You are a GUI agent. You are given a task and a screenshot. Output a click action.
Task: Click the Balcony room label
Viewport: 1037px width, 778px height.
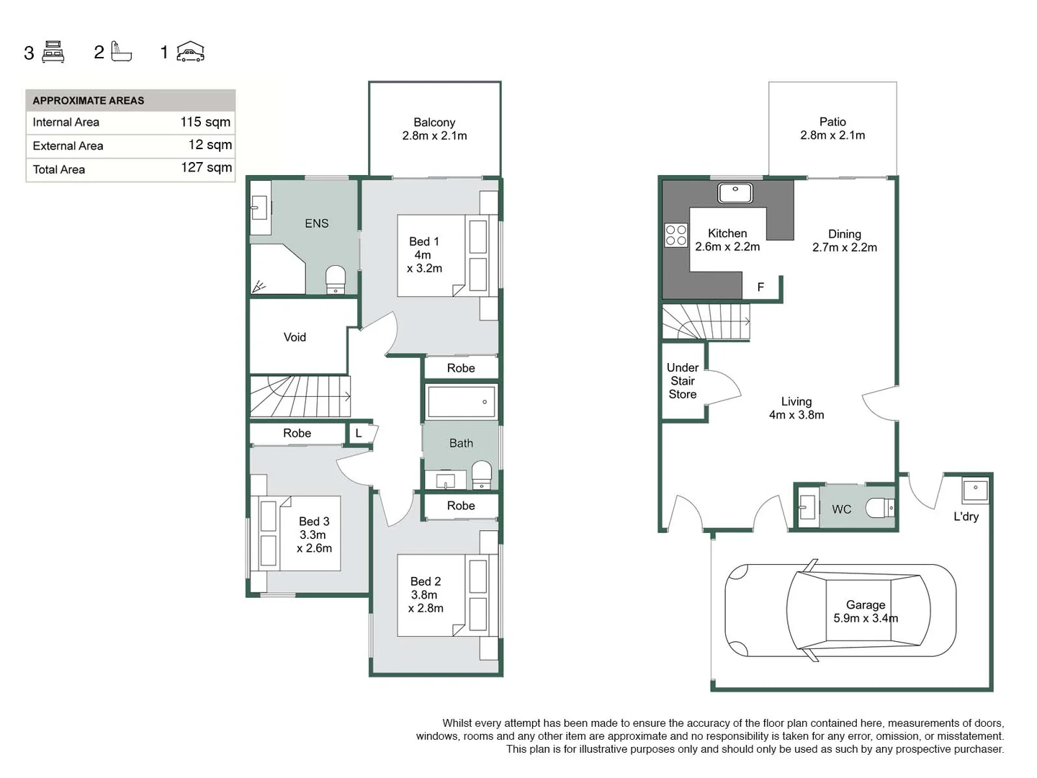click(x=434, y=129)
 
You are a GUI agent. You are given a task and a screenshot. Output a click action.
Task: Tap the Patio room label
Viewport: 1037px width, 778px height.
click(x=832, y=128)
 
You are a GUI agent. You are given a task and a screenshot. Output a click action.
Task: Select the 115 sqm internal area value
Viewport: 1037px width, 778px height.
click(x=205, y=122)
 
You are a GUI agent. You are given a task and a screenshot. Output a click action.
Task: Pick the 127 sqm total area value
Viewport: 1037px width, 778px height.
click(x=206, y=168)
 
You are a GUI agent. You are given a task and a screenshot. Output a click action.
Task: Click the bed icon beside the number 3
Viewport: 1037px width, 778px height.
click(x=53, y=52)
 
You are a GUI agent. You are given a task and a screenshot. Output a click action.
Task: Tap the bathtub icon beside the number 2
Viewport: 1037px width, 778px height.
click(x=121, y=52)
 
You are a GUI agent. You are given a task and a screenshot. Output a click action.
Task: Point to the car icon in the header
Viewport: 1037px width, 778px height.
click(x=191, y=52)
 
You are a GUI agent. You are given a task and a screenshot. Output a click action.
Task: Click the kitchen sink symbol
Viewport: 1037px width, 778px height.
click(x=735, y=192)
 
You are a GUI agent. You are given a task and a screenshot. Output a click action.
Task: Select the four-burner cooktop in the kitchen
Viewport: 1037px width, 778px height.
click(x=675, y=235)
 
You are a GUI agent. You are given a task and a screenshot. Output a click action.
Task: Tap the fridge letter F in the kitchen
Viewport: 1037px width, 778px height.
click(x=760, y=287)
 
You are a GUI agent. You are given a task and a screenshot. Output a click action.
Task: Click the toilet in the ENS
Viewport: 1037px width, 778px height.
click(x=336, y=279)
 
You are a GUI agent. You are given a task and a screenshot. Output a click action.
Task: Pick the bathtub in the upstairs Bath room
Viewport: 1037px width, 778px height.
click(x=461, y=402)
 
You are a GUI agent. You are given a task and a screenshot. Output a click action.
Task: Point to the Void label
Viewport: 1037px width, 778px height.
click(x=295, y=337)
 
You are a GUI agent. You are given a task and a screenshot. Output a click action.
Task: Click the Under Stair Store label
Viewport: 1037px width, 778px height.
click(x=683, y=381)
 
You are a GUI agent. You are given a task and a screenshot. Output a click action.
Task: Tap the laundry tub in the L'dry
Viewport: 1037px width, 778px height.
click(x=975, y=491)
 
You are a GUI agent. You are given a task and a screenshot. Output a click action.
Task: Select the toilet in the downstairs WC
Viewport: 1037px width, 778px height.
click(x=880, y=508)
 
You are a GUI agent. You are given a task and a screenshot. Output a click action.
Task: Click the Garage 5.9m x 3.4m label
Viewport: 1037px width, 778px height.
click(x=866, y=612)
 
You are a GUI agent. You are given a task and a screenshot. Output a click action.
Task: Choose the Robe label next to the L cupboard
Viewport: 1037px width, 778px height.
click(x=297, y=433)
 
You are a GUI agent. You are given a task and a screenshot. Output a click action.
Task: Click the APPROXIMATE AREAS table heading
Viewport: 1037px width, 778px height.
click(x=89, y=101)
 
